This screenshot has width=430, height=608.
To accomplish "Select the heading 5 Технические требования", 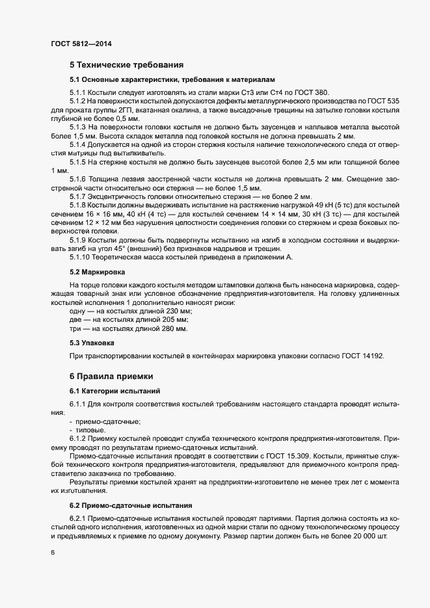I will tap(126, 65).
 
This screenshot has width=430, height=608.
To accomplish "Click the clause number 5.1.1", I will tap(77, 92).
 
